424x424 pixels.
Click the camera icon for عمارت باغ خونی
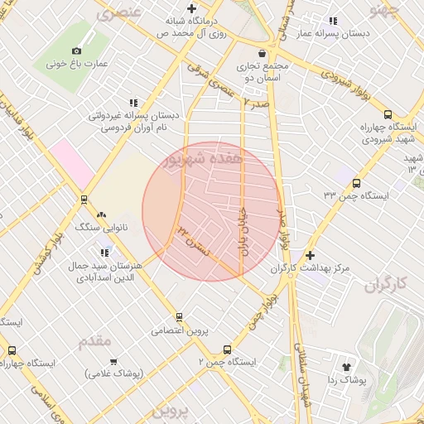[77, 51]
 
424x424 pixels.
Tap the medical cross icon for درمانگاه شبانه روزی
[192, 8]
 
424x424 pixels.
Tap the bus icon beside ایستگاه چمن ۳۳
[356, 184]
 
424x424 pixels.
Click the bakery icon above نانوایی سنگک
[102, 214]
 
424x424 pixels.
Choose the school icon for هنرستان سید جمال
[104, 252]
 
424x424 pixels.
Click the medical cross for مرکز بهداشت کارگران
[311, 256]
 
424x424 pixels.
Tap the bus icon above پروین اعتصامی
[179, 317]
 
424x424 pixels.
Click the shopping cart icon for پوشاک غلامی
[113, 362]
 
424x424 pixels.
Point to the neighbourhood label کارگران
[386, 284]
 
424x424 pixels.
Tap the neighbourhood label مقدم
[94, 341]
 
